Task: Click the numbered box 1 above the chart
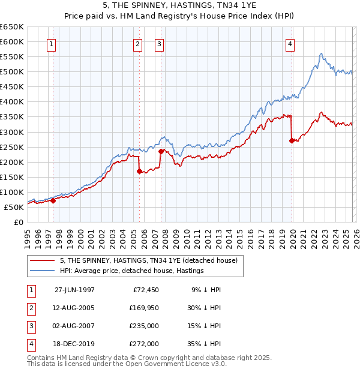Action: pyautogui.click(x=52, y=44)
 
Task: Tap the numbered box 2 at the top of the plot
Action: pyautogui.click(x=138, y=44)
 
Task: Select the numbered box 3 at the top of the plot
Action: pyautogui.click(x=160, y=44)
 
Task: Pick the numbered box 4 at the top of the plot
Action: pyautogui.click(x=290, y=44)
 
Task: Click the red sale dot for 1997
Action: pyautogui.click(x=53, y=200)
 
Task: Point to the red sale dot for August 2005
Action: pyautogui.click(x=139, y=171)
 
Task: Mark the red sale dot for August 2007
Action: pyautogui.click(x=161, y=151)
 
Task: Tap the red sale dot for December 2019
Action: pyautogui.click(x=292, y=140)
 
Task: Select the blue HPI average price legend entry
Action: pyautogui.click(x=132, y=271)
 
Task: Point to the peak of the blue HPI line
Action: pyautogui.click(x=322, y=53)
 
